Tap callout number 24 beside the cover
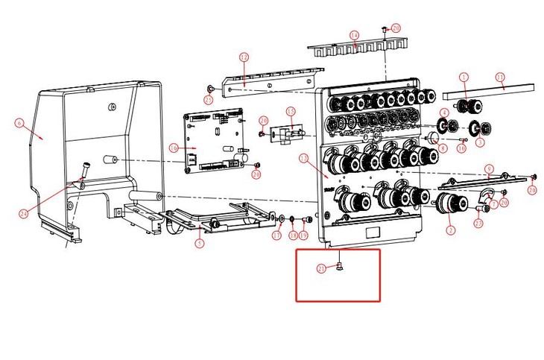tap(24, 214)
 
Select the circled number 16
tap(173, 148)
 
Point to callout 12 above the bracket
tap(244, 57)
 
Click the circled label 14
tap(354, 35)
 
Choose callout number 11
tap(500, 77)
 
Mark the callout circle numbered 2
tap(450, 230)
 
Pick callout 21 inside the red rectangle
tap(321, 269)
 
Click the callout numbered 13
tap(303, 158)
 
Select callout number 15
tap(291, 111)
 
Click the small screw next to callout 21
tap(339, 267)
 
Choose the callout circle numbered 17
tap(276, 236)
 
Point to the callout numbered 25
tap(208, 98)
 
